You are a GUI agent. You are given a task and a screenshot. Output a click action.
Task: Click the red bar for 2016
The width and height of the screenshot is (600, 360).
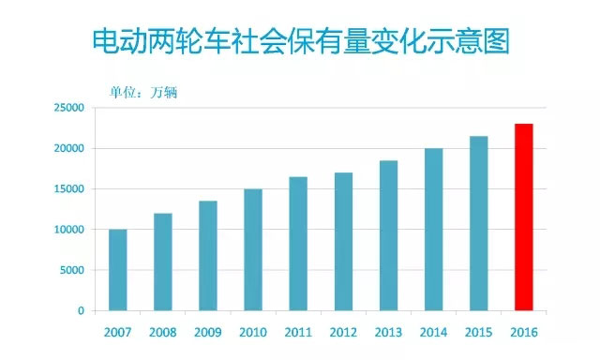(x=524, y=217)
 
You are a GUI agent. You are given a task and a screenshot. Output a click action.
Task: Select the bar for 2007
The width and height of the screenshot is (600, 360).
(x=118, y=270)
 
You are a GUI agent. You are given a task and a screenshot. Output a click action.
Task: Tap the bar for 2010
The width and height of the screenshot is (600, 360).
(x=253, y=249)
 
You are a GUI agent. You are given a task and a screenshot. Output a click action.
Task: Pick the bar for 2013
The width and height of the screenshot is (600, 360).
(x=388, y=235)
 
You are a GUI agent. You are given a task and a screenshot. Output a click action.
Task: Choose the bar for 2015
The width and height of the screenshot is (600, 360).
(x=478, y=223)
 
